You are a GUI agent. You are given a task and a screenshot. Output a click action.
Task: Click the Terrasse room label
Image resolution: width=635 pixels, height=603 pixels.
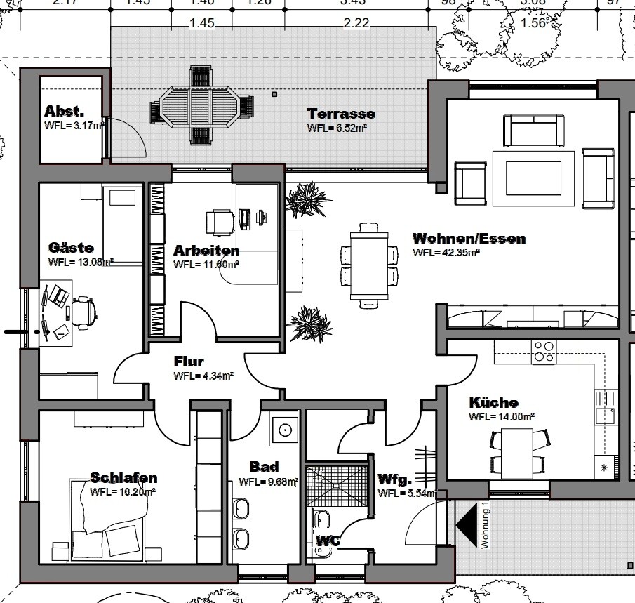pos(341,114)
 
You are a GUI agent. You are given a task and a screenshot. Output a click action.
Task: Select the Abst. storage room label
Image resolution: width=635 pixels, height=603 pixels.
pos(65,112)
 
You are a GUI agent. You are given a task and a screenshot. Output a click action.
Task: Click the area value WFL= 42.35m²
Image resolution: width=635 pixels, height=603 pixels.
pos(446,252)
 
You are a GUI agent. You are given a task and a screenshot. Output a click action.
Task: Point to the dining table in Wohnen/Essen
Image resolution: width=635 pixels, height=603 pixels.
pos(369,265)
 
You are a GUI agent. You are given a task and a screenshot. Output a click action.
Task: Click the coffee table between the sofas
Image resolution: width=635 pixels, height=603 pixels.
pos(537,173)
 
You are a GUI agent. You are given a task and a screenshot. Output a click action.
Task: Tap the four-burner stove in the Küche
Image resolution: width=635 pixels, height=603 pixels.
pos(544,351)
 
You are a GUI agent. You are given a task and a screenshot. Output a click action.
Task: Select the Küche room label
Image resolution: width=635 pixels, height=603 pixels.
pos(493,403)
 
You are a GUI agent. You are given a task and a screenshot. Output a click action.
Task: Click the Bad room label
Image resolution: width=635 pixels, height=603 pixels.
pos(265,467)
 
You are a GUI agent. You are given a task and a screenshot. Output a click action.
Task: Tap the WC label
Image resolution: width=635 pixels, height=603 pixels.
pos(328,541)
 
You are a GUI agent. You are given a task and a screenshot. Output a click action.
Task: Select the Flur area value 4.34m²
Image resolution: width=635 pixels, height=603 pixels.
pos(203,376)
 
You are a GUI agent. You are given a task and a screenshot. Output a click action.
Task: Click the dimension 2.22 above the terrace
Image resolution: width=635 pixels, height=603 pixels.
pos(356,23)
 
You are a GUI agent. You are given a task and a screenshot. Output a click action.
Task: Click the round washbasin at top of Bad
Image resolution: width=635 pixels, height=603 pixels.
pos(285,428)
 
